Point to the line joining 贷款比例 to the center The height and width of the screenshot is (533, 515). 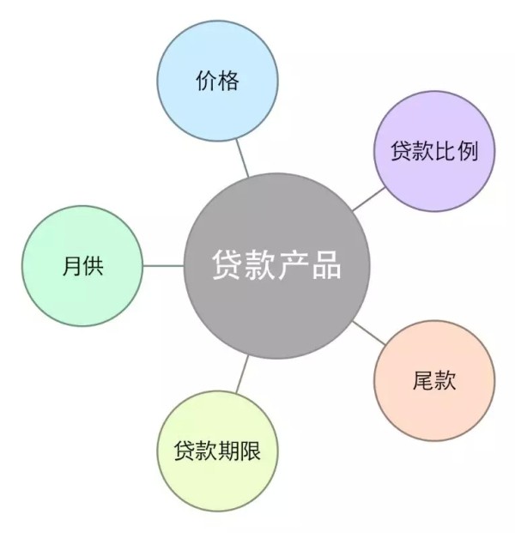[369, 199]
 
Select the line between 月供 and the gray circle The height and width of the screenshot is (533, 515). [163, 265]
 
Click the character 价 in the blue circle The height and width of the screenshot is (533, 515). [206, 82]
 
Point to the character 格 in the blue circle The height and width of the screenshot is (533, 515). [228, 82]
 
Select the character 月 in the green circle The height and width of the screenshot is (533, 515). [70, 266]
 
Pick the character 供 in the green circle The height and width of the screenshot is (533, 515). [93, 266]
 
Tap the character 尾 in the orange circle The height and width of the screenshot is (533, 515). [423, 381]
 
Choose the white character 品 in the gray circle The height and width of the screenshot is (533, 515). [325, 265]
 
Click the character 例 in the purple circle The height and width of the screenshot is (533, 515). [468, 151]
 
